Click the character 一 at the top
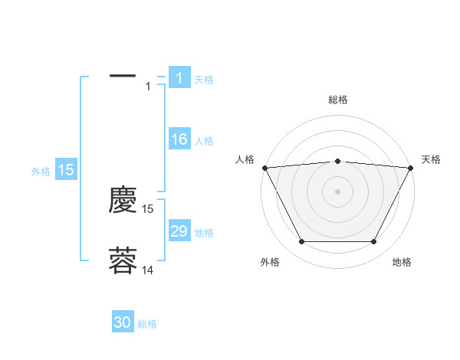[123, 77]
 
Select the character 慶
[123, 201]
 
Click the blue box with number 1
[179, 78]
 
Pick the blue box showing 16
[179, 139]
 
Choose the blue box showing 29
[179, 231]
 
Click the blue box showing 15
[66, 170]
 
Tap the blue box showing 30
[123, 323]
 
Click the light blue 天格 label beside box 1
[203, 80]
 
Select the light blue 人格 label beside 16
[203, 141]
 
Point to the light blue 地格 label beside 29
[203, 233]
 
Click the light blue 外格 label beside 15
[41, 172]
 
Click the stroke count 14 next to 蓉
[148, 270]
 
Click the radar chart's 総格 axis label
[337, 100]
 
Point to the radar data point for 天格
[411, 168]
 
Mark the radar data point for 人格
[264, 168]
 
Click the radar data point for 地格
[373, 242]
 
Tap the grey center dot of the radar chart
[337, 191]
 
